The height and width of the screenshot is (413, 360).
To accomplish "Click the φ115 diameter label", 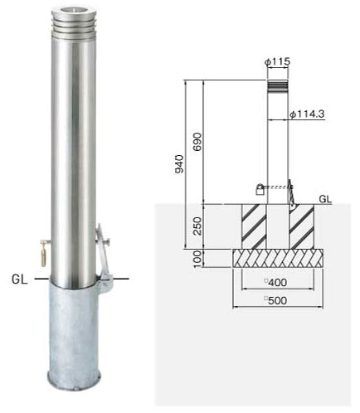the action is [277, 61].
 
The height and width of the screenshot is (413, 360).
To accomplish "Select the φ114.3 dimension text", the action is [307, 114].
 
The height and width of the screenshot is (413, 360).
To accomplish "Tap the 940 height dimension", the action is [179, 164].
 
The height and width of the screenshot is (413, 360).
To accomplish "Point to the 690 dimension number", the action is [197, 142].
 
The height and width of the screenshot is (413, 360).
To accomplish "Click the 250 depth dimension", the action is [197, 226].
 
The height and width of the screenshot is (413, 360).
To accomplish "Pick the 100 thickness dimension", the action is [197, 259].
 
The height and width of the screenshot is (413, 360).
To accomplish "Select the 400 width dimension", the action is [277, 283].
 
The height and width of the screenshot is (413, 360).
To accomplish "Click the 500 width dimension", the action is [277, 300].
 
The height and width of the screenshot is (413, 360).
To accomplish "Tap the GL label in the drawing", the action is [325, 199].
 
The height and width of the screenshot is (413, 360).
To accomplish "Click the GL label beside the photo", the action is [20, 279].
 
